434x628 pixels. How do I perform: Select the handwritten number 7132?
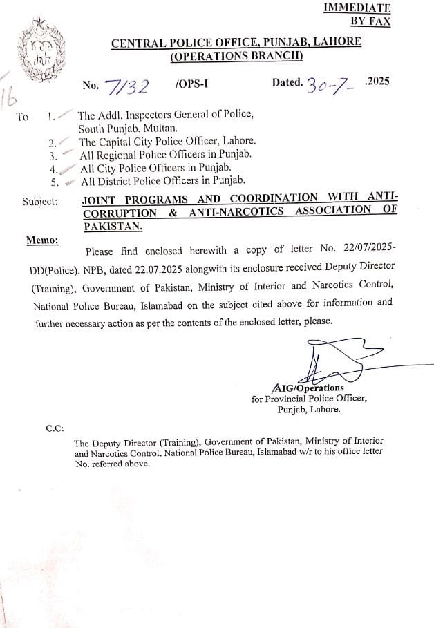coord(126,86)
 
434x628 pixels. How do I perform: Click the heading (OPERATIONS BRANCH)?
coord(236,56)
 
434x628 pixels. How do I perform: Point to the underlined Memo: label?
coord(42,240)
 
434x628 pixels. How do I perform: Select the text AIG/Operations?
coord(308,388)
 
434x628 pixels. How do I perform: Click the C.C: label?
coord(55,428)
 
